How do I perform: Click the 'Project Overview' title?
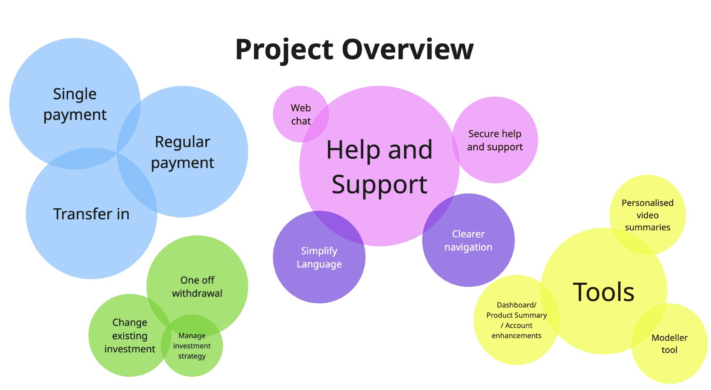(x=354, y=50)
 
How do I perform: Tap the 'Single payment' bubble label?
(x=75, y=104)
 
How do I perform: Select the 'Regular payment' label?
(x=183, y=152)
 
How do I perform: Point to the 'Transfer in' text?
(x=91, y=214)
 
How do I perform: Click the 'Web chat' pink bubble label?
(x=301, y=115)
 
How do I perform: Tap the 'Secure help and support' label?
(x=495, y=140)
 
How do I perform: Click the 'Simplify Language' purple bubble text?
(x=319, y=258)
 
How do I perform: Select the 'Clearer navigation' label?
(x=468, y=241)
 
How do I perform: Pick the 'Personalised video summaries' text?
(x=647, y=215)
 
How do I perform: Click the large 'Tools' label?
(x=604, y=292)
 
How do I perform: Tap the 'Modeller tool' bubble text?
(x=669, y=344)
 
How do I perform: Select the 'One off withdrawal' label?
(x=197, y=287)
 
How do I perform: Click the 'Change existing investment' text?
(x=130, y=336)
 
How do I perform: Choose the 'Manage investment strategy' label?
(x=192, y=346)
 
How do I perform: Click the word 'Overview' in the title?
(x=408, y=50)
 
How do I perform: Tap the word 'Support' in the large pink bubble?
(x=379, y=184)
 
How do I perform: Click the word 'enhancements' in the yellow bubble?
(x=516, y=336)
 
